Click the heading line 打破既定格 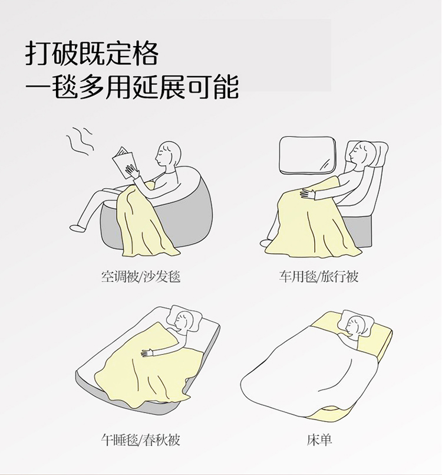[92, 54]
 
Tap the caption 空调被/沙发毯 [141, 277]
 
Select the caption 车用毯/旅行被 [319, 277]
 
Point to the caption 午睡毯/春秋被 [141, 440]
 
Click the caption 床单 [319, 440]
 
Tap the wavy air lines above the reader [80, 142]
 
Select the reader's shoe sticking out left [77, 228]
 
